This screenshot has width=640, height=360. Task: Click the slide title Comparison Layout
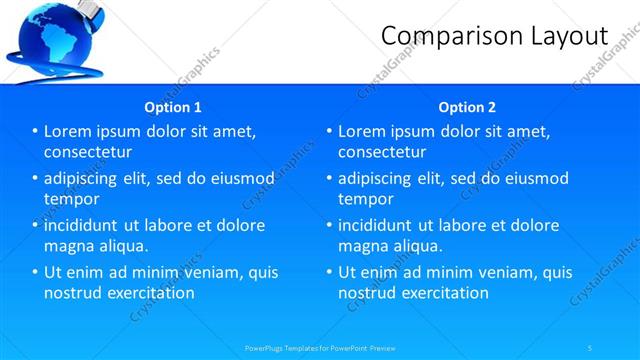point(495,36)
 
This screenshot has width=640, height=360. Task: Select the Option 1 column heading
point(173,107)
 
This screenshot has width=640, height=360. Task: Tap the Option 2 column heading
point(466,107)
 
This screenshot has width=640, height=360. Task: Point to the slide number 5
point(590,347)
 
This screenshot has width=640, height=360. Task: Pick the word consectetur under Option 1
point(89,152)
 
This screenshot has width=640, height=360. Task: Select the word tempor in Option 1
point(72,199)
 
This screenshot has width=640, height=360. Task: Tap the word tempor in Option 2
point(366,199)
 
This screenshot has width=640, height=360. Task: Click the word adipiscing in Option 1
point(87,178)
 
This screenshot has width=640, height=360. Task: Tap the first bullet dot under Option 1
point(35,131)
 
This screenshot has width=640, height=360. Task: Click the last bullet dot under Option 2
point(329,272)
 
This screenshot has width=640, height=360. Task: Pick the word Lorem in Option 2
point(360,131)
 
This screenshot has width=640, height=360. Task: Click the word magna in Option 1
point(69,246)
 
